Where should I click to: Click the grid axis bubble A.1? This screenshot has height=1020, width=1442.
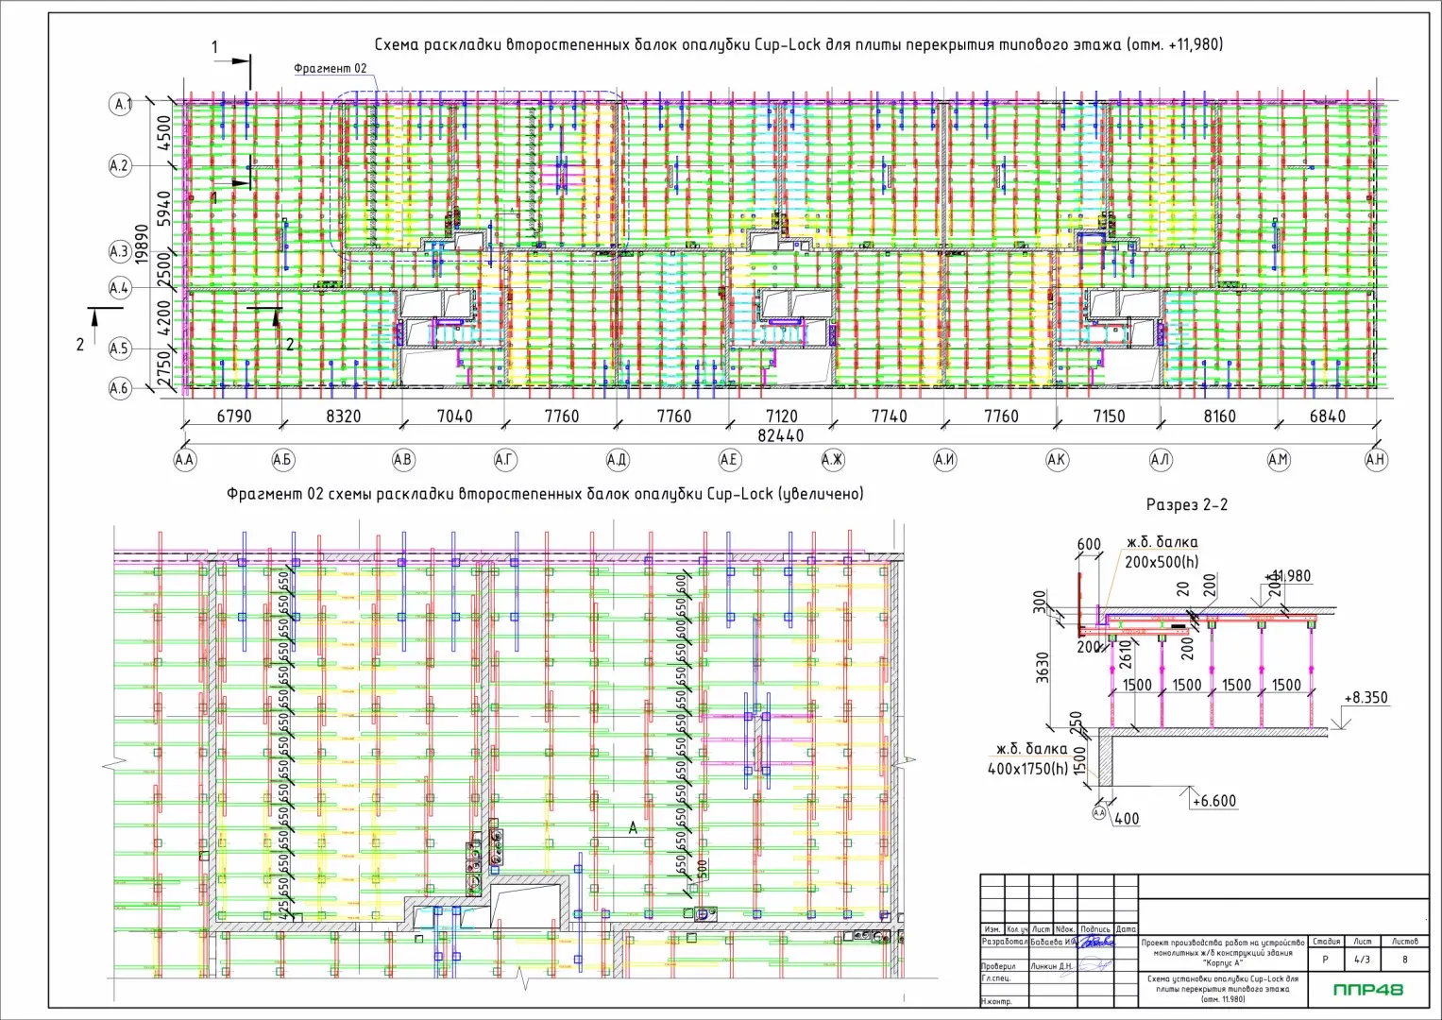click(121, 104)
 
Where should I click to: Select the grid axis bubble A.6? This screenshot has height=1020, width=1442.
click(119, 388)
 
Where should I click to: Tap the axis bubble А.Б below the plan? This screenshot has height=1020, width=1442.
click(282, 460)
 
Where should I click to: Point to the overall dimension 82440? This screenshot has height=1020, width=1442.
click(780, 435)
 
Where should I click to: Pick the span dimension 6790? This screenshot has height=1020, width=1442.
click(233, 416)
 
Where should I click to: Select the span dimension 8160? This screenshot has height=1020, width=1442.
click(1219, 416)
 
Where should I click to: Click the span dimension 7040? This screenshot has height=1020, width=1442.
click(454, 416)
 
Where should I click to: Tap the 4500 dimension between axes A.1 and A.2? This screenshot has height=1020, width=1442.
click(164, 133)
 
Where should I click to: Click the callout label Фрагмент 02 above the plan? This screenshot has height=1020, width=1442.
click(330, 69)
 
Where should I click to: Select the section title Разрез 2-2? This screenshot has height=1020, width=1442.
click(1186, 504)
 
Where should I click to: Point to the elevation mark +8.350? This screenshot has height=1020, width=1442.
click(1366, 698)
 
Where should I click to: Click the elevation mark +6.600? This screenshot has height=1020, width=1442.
click(1213, 801)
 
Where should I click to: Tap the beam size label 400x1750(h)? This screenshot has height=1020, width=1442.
click(1027, 769)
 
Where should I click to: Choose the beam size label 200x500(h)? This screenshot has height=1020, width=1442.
click(1159, 560)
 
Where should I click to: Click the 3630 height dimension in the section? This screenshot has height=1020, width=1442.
click(1043, 667)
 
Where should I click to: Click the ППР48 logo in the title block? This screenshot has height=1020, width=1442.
click(1367, 990)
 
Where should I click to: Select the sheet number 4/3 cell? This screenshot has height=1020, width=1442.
click(1363, 960)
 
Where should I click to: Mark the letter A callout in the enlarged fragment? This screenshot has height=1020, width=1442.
click(634, 827)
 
